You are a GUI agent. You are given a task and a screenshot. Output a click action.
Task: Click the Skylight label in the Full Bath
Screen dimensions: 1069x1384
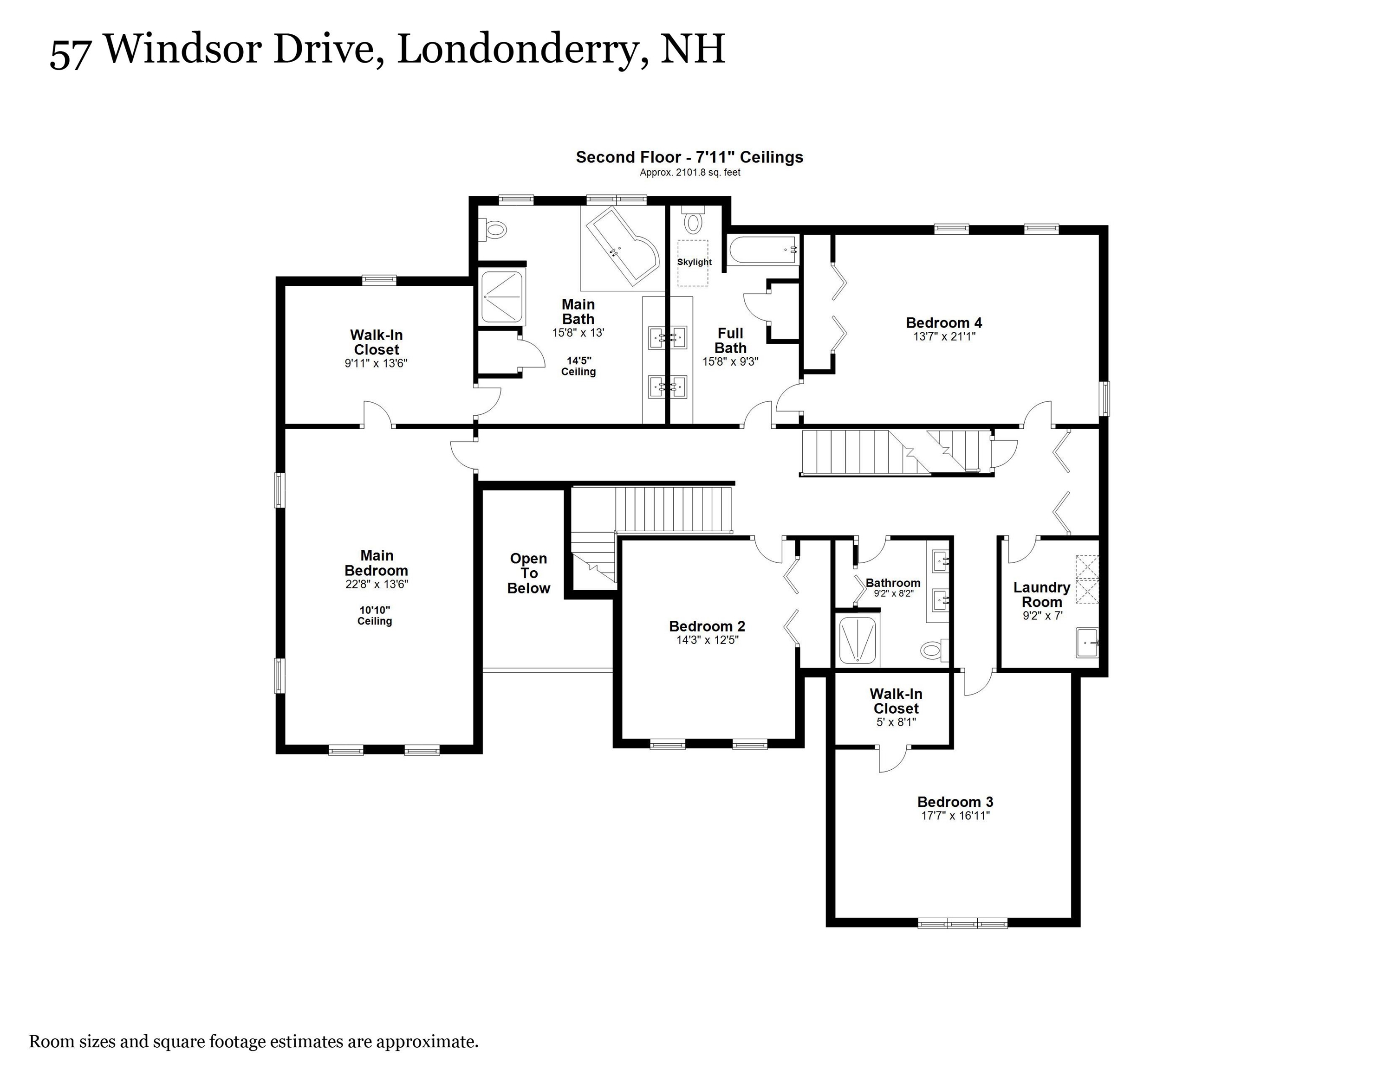(694, 262)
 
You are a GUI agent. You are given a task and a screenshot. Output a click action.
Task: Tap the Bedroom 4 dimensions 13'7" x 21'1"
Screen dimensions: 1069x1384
(943, 337)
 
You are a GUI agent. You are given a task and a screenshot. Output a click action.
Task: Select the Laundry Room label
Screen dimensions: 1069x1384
(1041, 595)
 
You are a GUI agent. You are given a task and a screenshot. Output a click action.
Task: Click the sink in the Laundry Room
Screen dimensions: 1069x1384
(1087, 643)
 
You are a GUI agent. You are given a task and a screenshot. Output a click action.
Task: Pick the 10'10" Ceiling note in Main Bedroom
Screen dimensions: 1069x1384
(375, 616)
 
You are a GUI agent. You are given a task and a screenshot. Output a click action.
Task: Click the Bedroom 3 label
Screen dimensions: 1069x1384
(955, 802)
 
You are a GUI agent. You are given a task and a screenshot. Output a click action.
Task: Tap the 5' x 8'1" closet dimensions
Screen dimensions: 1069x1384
(896, 722)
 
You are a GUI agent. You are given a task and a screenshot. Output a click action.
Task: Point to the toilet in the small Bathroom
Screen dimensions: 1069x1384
(932, 649)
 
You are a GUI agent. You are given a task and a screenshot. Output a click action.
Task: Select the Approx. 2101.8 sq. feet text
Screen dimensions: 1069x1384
(689, 172)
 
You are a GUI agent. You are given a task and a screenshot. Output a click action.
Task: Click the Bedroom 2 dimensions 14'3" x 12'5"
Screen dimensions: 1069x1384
(707, 640)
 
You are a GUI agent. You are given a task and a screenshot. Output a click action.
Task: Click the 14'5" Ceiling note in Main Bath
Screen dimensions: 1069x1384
(578, 366)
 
